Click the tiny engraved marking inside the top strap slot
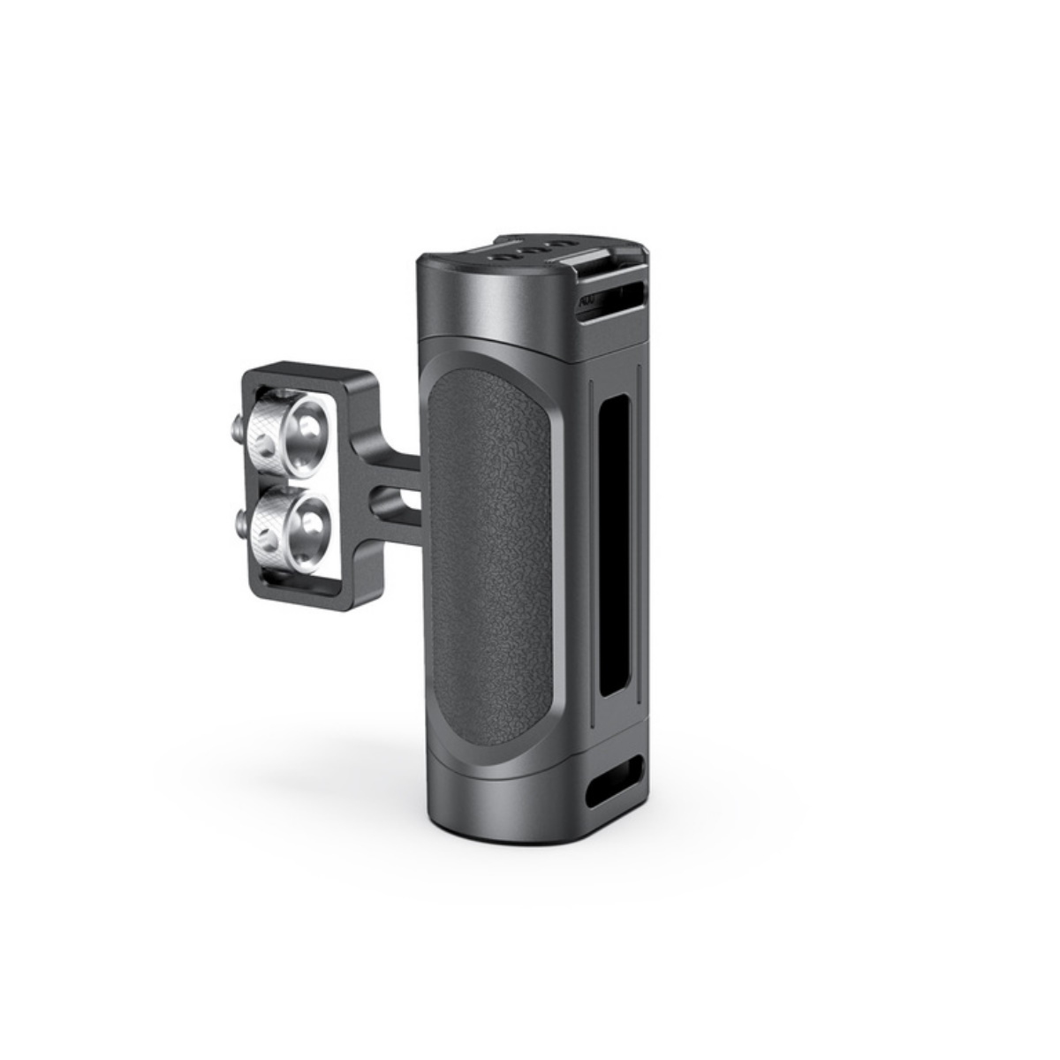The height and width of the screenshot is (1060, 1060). tap(586, 301)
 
